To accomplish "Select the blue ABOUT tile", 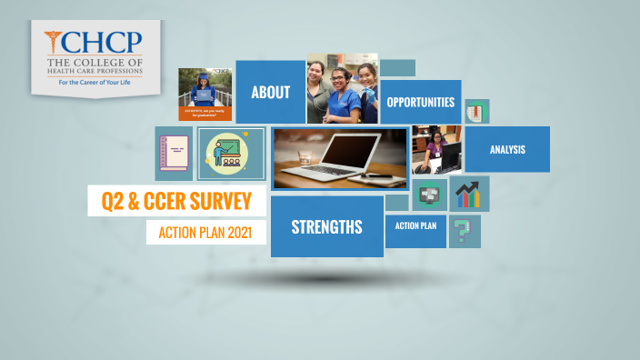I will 271,92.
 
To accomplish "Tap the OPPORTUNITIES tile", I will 420,102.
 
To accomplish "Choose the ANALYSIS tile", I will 506,149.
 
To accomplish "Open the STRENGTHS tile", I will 326,226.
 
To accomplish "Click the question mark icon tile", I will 465,232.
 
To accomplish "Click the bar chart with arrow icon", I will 468,194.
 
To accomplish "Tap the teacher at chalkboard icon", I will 231,153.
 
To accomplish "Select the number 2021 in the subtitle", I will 245,233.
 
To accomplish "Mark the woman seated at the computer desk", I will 434,148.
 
